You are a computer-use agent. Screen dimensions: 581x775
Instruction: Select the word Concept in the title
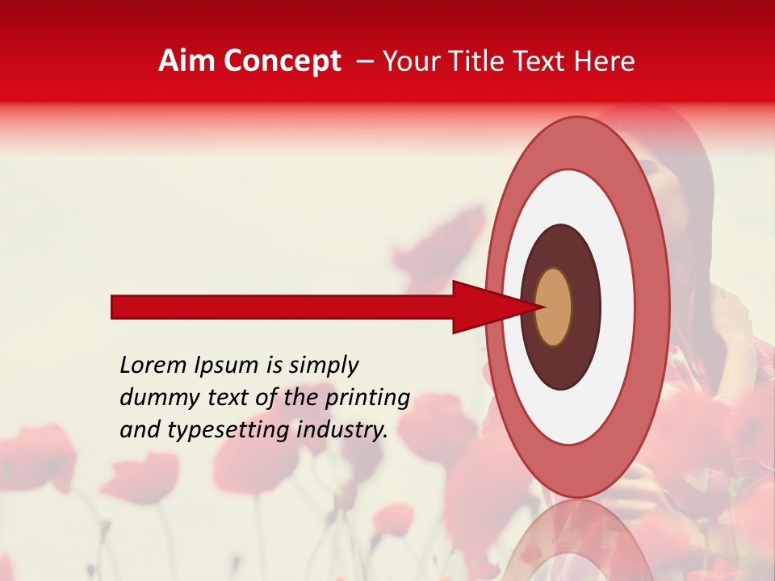(x=283, y=61)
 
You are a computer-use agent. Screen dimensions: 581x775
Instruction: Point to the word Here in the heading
(x=605, y=61)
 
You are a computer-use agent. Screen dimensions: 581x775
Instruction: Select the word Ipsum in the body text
(x=224, y=366)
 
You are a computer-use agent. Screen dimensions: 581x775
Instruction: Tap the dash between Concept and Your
(x=365, y=61)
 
